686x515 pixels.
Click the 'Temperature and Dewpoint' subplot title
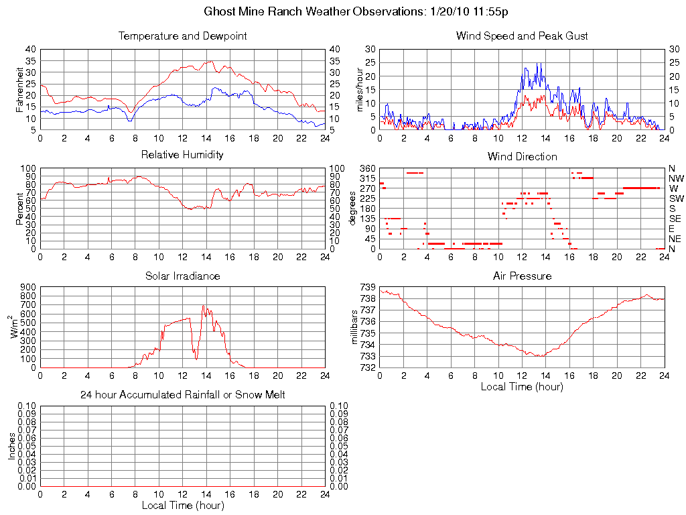pos(182,36)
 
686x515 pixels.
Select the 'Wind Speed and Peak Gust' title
pos(522,36)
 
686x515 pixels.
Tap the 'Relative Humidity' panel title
pos(182,155)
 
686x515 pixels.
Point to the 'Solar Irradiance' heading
pos(182,276)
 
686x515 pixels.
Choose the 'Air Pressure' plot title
pos(522,276)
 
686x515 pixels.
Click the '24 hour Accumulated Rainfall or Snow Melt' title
pos(182,395)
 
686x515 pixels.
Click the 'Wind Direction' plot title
pos(522,156)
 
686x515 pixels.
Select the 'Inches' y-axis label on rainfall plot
pos(11,446)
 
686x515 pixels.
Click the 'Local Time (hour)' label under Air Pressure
pos(522,386)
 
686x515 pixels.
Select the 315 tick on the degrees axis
pos(366,178)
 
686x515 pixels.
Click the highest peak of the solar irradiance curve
pos(203,306)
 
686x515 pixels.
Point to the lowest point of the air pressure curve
pos(538,356)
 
